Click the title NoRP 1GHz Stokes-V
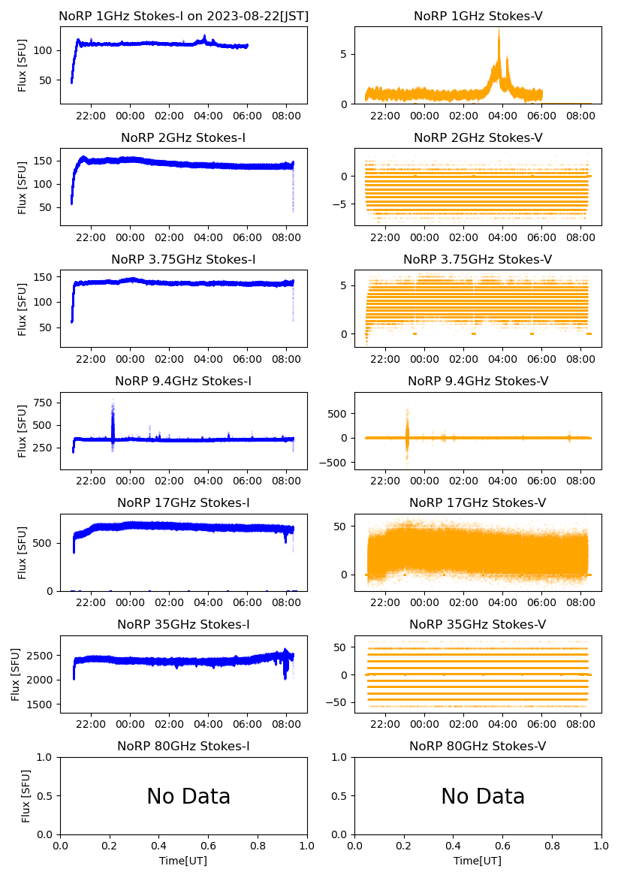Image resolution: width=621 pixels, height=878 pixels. pos(478,16)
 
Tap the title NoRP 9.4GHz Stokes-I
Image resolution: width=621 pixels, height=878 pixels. pos(183,381)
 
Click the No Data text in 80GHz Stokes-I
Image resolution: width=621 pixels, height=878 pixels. pos(188,796)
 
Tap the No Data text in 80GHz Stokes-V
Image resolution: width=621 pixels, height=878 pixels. pos(483,796)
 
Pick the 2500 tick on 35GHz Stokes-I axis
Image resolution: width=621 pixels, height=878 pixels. pos(39,656)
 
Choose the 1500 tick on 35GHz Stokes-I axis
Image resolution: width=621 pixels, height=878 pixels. pos(39,705)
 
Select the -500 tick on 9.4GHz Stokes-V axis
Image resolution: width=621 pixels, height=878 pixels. pos(334,463)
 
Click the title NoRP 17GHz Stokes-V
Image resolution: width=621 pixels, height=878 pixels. pos(478,502)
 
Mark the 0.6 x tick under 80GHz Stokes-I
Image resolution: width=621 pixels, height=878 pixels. pos(208,846)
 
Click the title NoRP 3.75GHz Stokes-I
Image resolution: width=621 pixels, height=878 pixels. pos(183,259)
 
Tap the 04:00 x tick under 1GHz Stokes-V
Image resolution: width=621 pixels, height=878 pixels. pos(502,116)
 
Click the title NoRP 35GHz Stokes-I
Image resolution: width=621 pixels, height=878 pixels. pos(183,624)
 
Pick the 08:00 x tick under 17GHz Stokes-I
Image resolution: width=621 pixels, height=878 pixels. pos(287,602)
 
